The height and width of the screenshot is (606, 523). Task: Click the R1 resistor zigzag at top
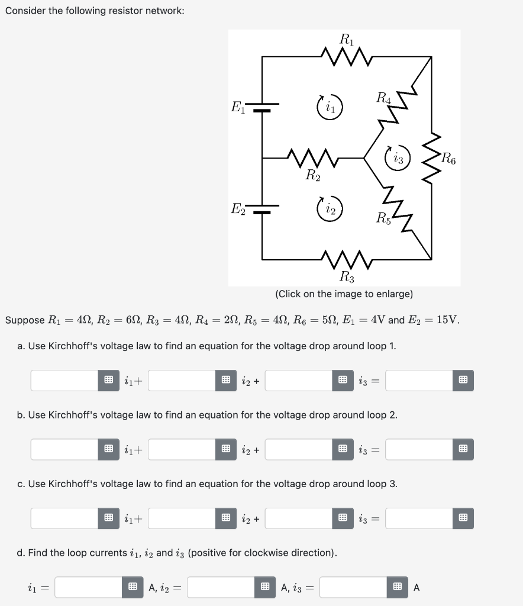[346, 57]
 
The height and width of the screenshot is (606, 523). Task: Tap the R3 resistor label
[347, 276]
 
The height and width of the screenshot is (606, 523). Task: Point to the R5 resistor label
[384, 218]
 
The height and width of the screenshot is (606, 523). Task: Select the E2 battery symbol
[262, 210]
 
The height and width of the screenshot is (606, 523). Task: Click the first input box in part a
[64, 381]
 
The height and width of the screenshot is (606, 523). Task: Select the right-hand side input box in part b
[419, 449]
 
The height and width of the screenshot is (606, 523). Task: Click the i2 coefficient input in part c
[182, 518]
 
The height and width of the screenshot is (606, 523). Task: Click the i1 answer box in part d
[89, 587]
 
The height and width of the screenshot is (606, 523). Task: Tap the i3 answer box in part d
[353, 587]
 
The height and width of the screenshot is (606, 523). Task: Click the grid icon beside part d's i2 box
[265, 587]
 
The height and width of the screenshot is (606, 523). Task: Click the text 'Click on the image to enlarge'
[344, 294]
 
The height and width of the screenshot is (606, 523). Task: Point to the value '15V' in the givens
[448, 320]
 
